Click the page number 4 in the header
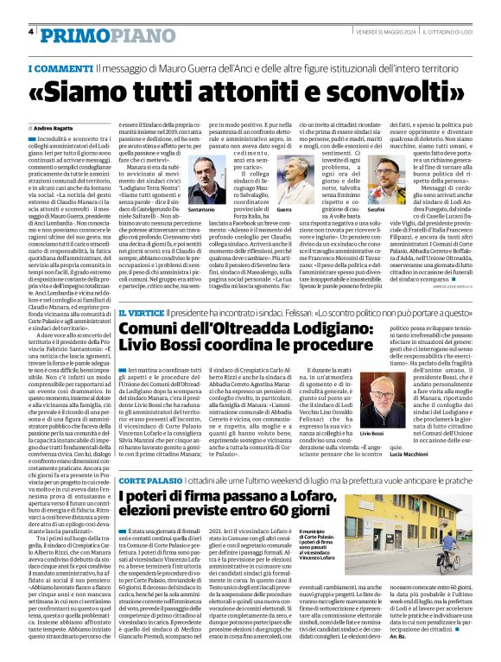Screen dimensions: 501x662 click(x=31, y=31)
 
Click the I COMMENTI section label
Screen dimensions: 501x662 click(x=60, y=68)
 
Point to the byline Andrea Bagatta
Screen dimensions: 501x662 click(x=62, y=127)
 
